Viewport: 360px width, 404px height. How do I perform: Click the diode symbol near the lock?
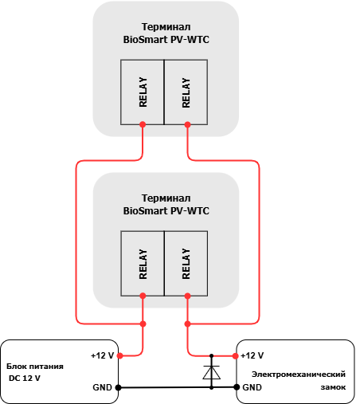click(x=211, y=372)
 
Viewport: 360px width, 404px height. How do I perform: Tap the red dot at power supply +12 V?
click(x=119, y=355)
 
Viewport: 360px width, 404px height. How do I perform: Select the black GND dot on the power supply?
click(x=119, y=387)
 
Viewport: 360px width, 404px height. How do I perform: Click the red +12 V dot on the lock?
click(x=235, y=356)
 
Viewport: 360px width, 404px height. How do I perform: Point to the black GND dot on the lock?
click(x=237, y=387)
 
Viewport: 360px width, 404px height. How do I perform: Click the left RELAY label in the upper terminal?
click(x=143, y=92)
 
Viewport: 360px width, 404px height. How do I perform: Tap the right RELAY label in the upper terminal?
click(x=186, y=92)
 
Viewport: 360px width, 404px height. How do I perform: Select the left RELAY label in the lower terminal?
click(x=143, y=264)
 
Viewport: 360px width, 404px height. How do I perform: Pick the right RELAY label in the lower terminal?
click(x=186, y=264)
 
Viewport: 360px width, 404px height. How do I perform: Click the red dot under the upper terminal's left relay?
click(x=143, y=124)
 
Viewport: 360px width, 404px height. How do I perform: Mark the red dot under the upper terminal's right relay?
click(x=187, y=124)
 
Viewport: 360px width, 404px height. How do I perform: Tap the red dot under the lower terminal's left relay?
click(x=143, y=296)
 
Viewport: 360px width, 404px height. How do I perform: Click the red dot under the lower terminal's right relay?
click(x=187, y=296)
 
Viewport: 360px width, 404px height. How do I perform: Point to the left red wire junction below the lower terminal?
click(x=143, y=324)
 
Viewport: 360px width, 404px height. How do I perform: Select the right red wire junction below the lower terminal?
click(x=187, y=324)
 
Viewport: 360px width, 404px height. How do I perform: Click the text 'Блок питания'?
click(x=35, y=367)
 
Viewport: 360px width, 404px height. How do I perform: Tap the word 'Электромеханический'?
click(x=299, y=375)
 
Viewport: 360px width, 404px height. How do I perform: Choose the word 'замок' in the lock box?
click(x=333, y=387)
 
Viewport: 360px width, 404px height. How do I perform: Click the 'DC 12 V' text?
click(x=25, y=378)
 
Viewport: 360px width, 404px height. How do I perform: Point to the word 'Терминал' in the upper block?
click(x=166, y=27)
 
